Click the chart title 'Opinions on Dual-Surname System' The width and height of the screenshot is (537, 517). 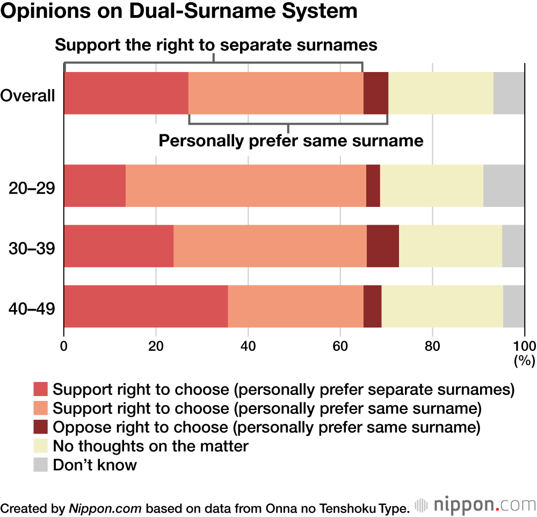(179, 12)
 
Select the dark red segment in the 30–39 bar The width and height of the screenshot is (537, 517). (383, 246)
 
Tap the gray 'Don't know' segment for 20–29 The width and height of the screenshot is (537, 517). (504, 185)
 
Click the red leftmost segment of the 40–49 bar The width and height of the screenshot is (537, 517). (146, 306)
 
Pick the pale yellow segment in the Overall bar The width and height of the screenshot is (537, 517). (440, 93)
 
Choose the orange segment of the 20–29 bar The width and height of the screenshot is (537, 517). (245, 185)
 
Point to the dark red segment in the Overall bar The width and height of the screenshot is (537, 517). (375, 93)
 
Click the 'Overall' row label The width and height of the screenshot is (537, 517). (28, 96)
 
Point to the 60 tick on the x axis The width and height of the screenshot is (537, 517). (340, 344)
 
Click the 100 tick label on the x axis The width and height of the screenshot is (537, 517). (525, 344)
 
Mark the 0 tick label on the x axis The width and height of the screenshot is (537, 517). (64, 344)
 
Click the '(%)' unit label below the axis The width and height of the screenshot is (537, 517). (525, 361)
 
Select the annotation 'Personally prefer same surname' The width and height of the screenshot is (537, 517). (292, 141)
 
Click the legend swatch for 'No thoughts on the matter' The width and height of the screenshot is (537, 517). (41, 446)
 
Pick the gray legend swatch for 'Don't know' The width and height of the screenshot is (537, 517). (41, 464)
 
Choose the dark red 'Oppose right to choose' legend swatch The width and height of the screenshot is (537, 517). (41, 427)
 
